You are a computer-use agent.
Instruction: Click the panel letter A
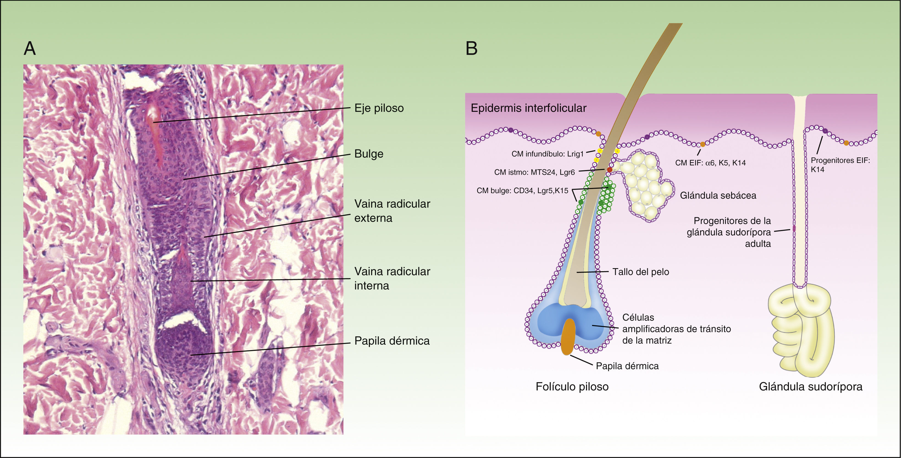[x=30, y=48]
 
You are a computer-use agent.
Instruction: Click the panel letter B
[x=471, y=48]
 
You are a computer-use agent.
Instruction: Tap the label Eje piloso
[x=379, y=108]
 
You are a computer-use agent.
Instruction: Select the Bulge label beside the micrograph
[x=369, y=154]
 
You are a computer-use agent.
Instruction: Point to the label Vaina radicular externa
[x=392, y=211]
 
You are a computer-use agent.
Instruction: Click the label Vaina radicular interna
[x=392, y=278]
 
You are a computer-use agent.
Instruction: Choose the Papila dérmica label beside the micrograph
[x=392, y=341]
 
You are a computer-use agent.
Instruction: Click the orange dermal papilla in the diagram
[x=568, y=336]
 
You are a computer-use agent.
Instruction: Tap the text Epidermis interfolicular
[x=528, y=108]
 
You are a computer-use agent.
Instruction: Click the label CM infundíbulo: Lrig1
[x=547, y=154]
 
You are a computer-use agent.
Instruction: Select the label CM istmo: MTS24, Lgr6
[x=534, y=172]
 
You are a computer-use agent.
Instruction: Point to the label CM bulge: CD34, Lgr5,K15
[x=522, y=191]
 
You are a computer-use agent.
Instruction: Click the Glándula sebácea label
[x=718, y=195]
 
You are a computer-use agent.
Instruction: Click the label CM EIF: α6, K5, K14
[x=710, y=163]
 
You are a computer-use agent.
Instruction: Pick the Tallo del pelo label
[x=640, y=272]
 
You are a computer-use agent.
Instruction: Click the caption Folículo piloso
[x=572, y=387]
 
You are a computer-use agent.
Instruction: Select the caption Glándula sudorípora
[x=810, y=387]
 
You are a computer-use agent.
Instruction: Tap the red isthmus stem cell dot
[x=610, y=170]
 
